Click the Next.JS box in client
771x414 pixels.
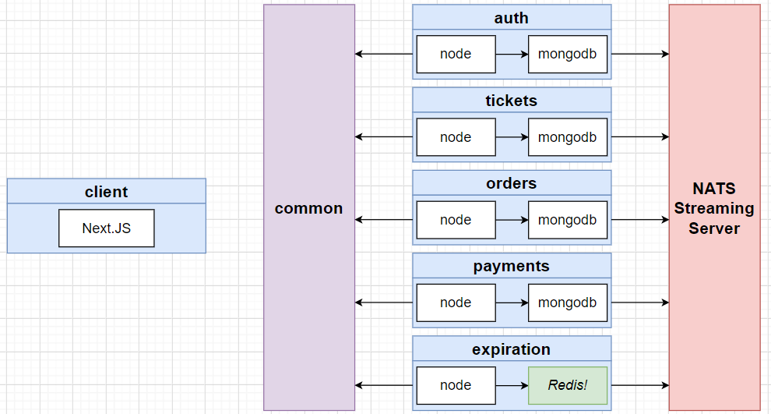click(x=106, y=228)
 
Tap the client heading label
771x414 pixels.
click(x=106, y=192)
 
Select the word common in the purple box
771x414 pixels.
click(x=309, y=208)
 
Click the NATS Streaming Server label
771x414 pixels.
click(x=714, y=208)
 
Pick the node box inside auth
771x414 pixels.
click(x=456, y=54)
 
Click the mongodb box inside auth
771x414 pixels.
click(x=568, y=54)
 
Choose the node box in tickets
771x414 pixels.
click(x=456, y=137)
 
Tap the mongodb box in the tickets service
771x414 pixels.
click(x=568, y=137)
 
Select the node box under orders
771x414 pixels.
click(x=456, y=220)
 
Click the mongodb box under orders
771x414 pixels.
click(x=568, y=220)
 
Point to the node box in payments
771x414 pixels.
click(x=456, y=303)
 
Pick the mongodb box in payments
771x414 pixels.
click(x=568, y=303)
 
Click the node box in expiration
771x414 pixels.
click(x=456, y=385)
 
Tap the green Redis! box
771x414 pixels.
click(x=568, y=385)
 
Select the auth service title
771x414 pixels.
click(x=512, y=18)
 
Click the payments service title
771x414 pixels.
click(x=512, y=267)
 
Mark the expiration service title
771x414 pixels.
click(x=512, y=349)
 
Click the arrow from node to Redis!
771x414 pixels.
click(x=512, y=385)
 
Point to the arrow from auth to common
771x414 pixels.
click(x=383, y=54)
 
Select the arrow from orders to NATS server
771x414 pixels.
click(x=639, y=220)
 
